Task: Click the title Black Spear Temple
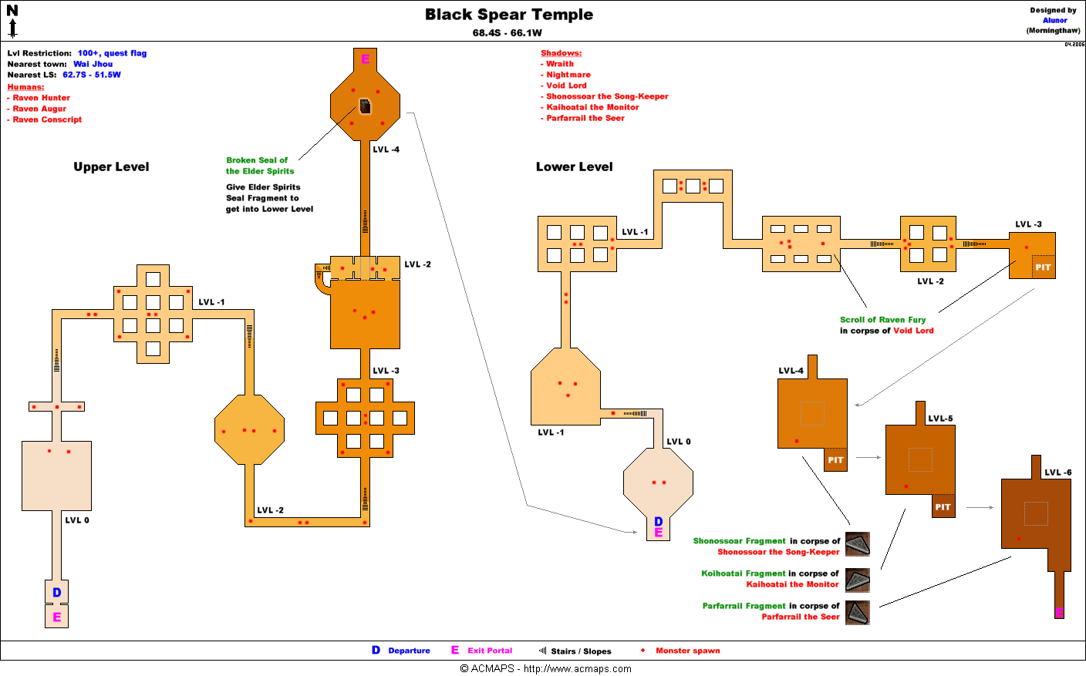click(509, 15)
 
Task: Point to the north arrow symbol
click(12, 22)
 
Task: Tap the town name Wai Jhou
click(93, 64)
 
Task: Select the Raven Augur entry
click(39, 109)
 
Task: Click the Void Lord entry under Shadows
click(566, 86)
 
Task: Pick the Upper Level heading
click(111, 166)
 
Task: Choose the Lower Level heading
click(574, 166)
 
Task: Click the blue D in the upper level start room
click(56, 593)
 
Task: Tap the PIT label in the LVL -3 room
click(1043, 267)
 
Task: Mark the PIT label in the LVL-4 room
click(835, 460)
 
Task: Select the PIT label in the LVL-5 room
click(943, 507)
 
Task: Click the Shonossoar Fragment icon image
click(858, 544)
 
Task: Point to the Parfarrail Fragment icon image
click(858, 613)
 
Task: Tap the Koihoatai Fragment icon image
click(858, 580)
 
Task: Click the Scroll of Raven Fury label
click(882, 320)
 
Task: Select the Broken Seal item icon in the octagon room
click(366, 106)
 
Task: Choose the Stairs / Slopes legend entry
click(580, 651)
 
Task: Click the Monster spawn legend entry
click(687, 651)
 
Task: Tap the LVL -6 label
click(1057, 473)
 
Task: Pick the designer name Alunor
click(1054, 21)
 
